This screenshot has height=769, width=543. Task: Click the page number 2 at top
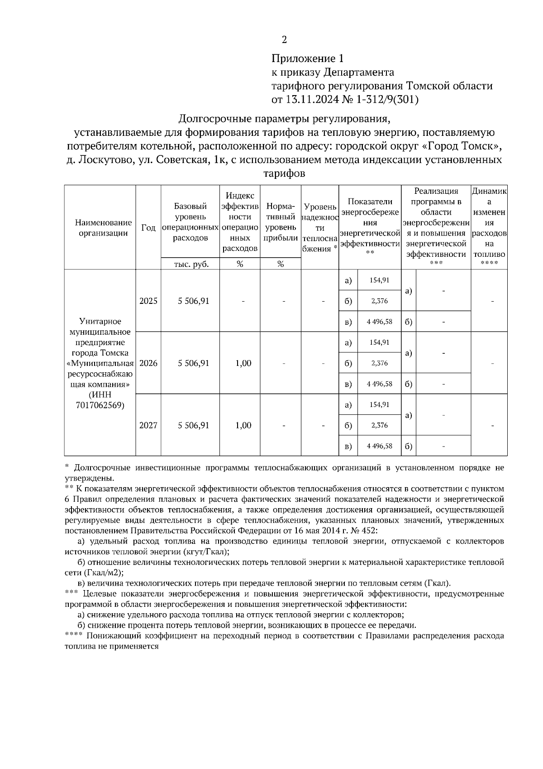coord(284,40)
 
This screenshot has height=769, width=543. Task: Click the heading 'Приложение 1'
coord(308,58)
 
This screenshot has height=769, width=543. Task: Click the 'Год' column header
coord(148,228)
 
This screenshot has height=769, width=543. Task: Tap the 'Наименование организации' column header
coord(103,228)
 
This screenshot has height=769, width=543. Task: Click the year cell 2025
coord(148,301)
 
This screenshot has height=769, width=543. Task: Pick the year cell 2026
coord(148,363)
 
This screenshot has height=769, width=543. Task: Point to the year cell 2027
coord(148,425)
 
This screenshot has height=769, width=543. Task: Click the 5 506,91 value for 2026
coord(194,363)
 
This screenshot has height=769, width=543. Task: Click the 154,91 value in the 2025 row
coord(379,280)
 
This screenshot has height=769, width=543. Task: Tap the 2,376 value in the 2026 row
coord(379,363)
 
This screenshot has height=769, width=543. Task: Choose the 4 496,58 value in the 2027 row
coord(379,446)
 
